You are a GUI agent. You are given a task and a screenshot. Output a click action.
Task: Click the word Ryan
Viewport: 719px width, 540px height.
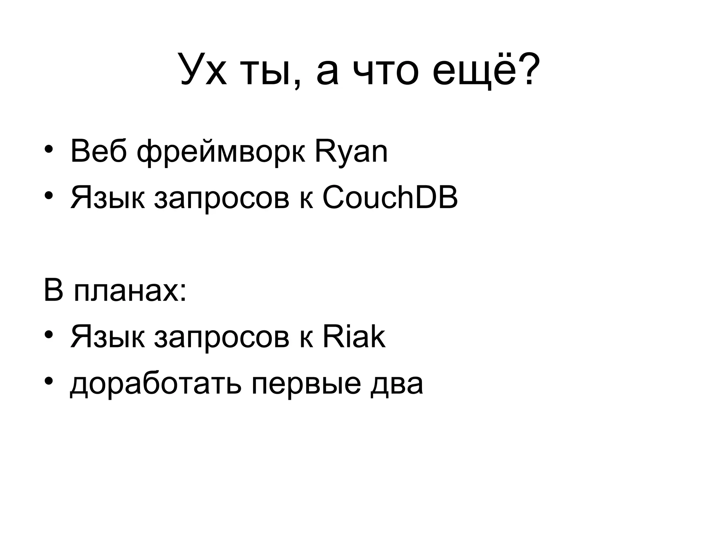(351, 152)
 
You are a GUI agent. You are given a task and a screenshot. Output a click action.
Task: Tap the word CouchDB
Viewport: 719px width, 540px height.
(390, 198)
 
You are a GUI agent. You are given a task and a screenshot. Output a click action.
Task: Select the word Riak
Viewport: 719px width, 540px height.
(354, 337)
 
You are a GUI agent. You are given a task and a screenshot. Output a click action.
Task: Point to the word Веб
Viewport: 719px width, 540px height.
(98, 152)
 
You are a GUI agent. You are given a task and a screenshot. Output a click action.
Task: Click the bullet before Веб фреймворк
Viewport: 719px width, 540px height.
(48, 149)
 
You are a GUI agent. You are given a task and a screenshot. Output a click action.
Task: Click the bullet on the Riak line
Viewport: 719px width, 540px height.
(48, 334)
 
